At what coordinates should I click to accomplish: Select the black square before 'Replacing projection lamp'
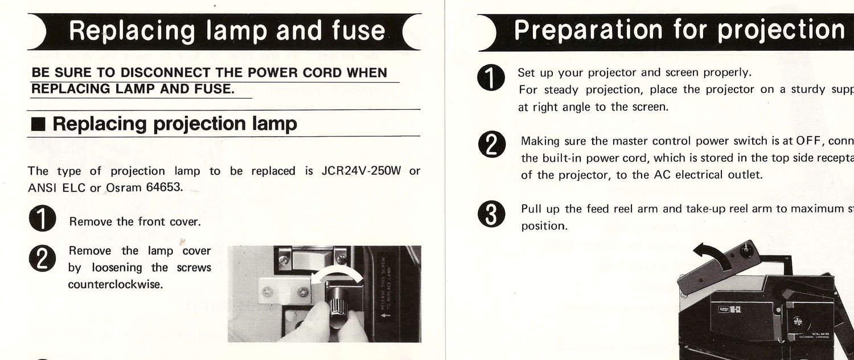39,124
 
